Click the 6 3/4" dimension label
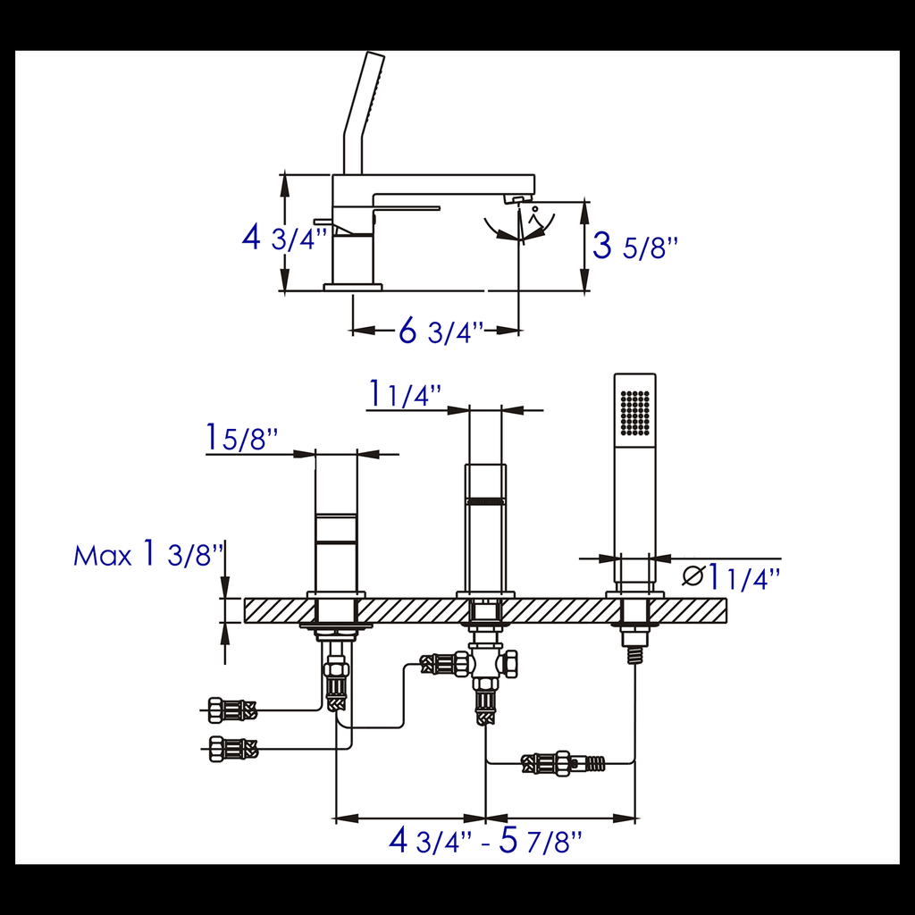[x=441, y=332]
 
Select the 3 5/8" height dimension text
[x=635, y=247]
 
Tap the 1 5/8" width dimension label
[x=242, y=438]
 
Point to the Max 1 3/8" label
[x=148, y=554]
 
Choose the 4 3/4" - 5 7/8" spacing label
[x=485, y=841]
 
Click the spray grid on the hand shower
[x=635, y=412]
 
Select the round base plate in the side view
[x=352, y=287]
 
